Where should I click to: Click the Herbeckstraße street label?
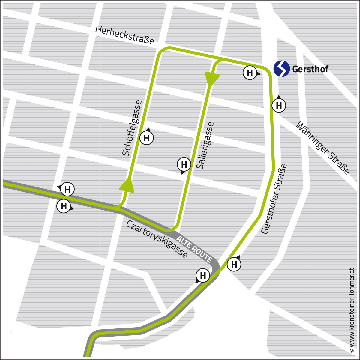click(124, 35)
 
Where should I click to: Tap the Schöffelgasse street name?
click(132, 128)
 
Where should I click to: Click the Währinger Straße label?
click(323, 148)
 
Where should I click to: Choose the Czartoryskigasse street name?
click(157, 239)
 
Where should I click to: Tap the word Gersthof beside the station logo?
click(310, 69)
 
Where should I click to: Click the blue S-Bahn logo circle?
click(282, 69)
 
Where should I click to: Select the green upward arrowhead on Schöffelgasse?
click(127, 184)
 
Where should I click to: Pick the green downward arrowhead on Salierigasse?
click(212, 79)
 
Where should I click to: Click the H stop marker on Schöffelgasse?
click(147, 138)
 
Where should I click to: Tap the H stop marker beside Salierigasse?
click(184, 164)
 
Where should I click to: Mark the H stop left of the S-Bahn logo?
click(250, 73)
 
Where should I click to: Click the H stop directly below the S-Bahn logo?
click(279, 106)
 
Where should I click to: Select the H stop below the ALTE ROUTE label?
click(203, 275)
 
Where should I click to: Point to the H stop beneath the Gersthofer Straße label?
click(234, 264)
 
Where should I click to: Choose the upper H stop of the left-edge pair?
click(67, 189)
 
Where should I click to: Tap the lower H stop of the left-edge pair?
click(64, 206)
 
